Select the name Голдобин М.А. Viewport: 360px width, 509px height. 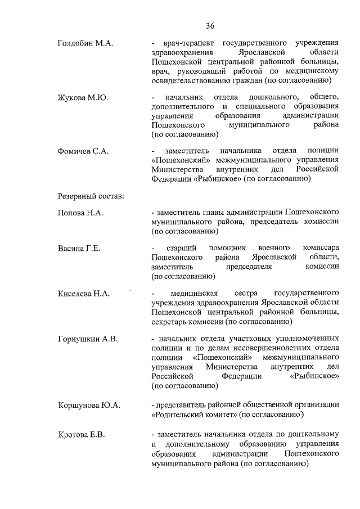click(84, 43)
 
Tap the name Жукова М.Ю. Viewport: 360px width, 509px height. click(83, 97)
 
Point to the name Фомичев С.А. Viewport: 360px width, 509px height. click(83, 151)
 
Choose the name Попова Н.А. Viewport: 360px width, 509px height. click(81, 213)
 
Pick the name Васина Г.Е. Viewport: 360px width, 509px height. click(79, 249)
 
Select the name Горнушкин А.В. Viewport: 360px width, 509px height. click(87, 339)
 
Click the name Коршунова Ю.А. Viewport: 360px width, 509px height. click(89, 405)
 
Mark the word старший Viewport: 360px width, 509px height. click(180, 248)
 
